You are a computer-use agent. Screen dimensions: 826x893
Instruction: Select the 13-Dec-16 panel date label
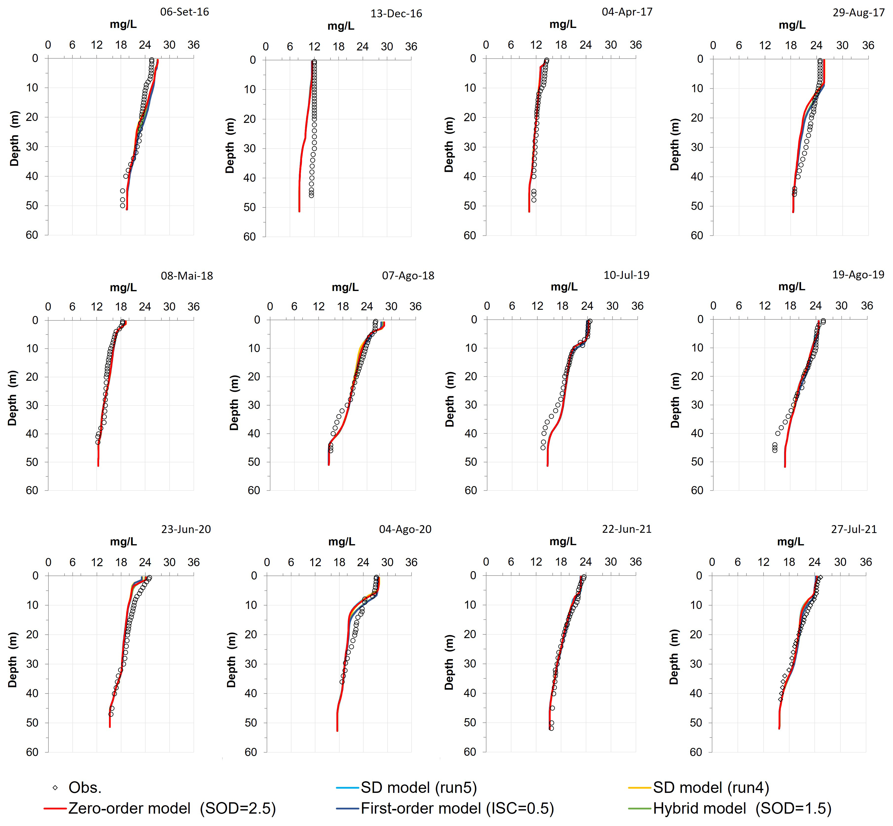396,14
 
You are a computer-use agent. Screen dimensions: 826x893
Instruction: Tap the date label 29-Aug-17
858,13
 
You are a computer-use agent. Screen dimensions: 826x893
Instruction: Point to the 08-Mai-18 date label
187,276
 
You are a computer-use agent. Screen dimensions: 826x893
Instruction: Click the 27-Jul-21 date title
854,529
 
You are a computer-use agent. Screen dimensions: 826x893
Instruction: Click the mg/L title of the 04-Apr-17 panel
563,24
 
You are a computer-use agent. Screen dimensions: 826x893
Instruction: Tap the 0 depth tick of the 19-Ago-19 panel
700,320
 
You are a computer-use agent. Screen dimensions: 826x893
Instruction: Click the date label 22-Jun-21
627,529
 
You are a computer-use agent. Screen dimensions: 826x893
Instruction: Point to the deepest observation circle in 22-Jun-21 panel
551,728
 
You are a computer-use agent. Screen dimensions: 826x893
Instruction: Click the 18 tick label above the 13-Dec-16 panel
338,47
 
